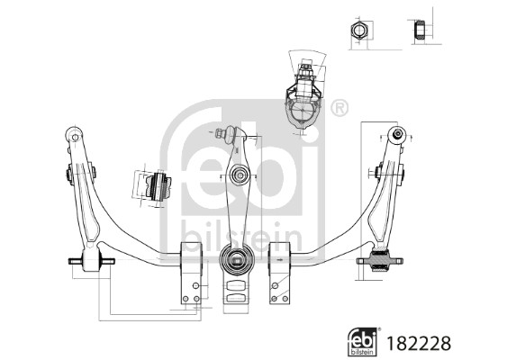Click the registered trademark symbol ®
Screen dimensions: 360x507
click(x=339, y=108)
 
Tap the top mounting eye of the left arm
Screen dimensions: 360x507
click(x=75, y=137)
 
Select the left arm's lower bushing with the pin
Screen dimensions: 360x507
click(x=91, y=262)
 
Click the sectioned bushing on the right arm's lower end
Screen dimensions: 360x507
click(x=381, y=263)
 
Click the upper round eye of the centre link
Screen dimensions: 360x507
click(x=239, y=174)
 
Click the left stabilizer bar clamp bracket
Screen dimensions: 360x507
click(x=193, y=269)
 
